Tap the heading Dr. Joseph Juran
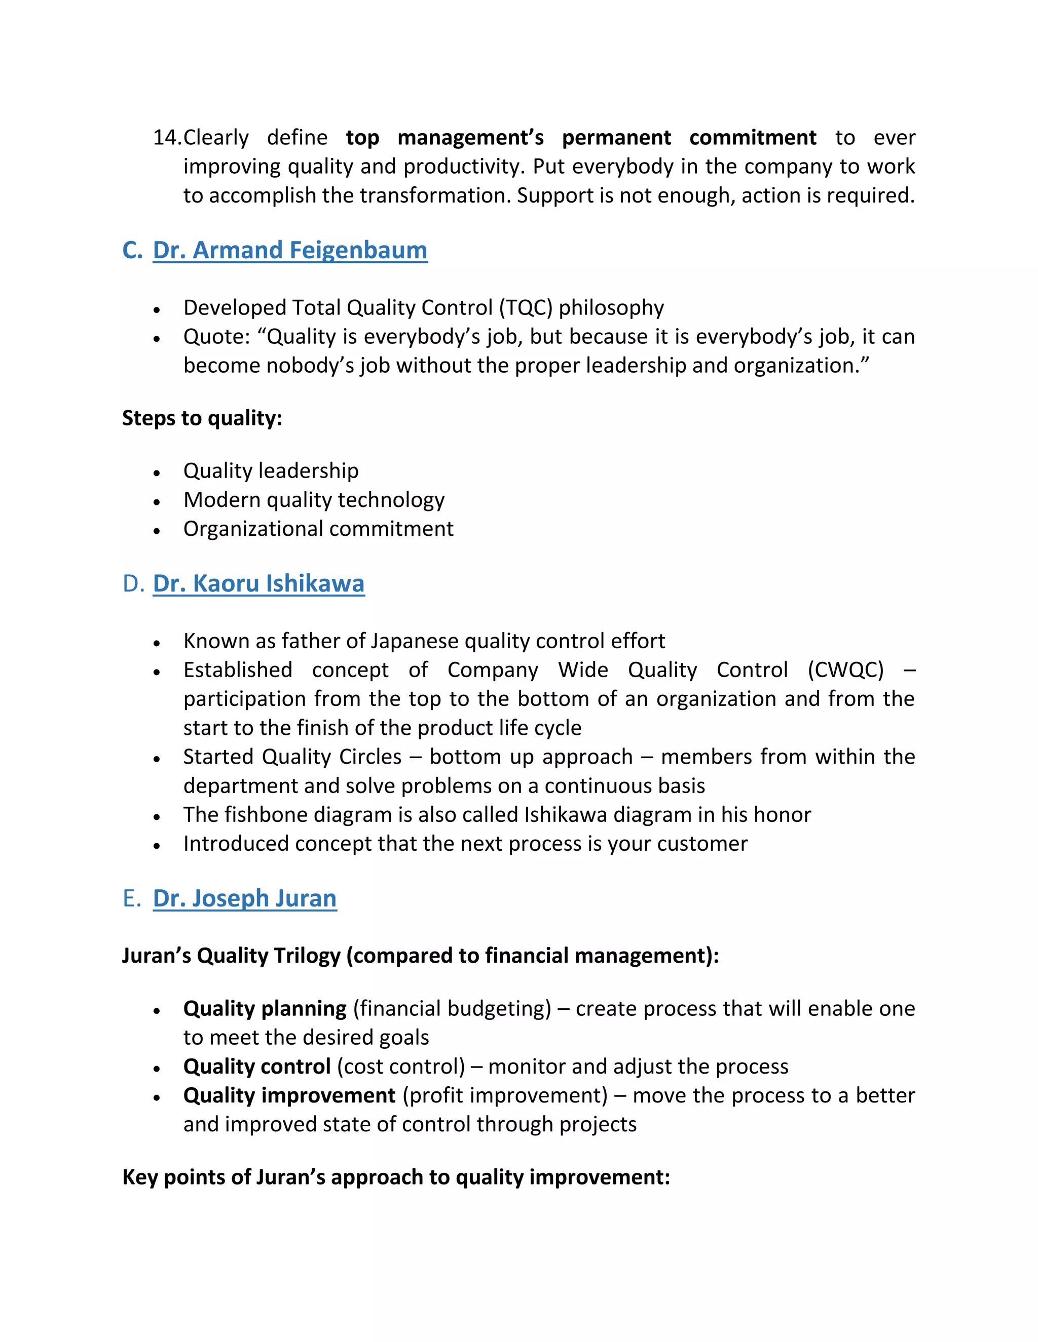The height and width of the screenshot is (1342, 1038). click(244, 898)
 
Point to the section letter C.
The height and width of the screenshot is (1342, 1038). click(132, 250)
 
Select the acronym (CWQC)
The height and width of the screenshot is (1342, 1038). click(845, 670)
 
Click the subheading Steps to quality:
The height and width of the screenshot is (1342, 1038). click(202, 418)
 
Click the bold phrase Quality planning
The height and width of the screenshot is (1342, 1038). click(265, 1008)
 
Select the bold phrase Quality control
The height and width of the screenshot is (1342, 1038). click(256, 1066)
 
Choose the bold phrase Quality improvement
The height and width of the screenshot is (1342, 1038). click(289, 1095)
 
